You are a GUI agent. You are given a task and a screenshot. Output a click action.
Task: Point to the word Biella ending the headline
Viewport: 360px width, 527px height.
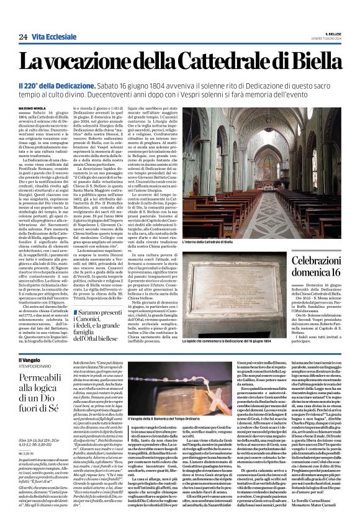click(x=311, y=61)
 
